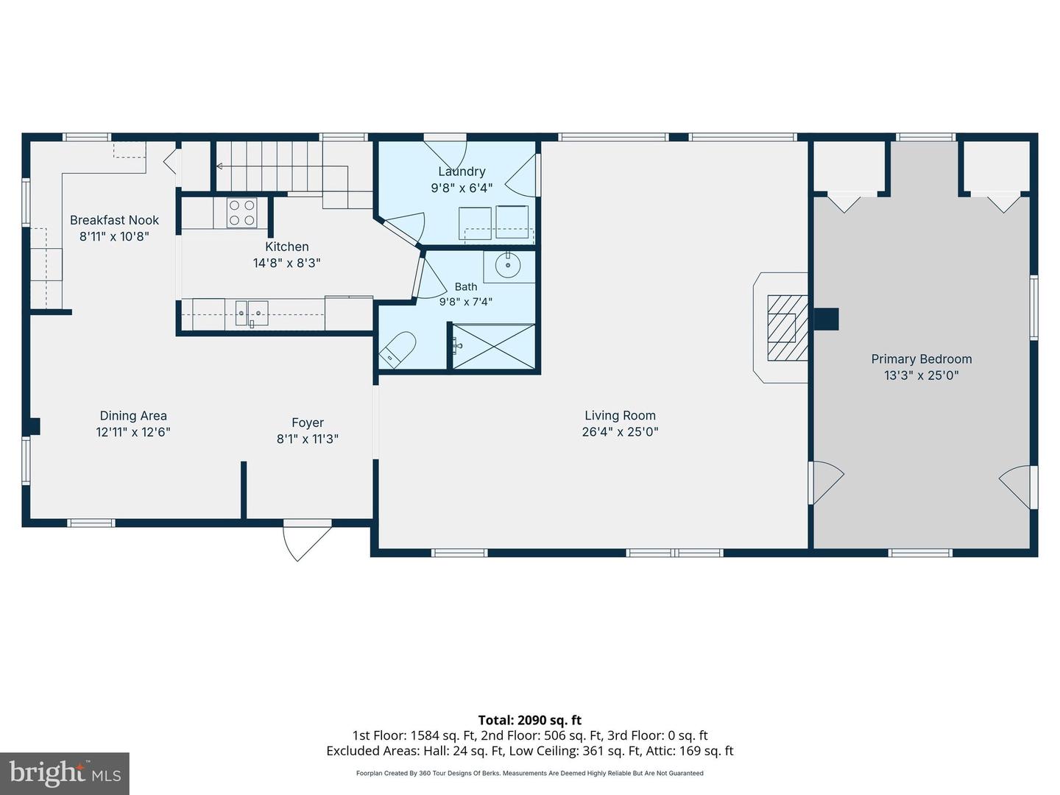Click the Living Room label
click(x=620, y=416)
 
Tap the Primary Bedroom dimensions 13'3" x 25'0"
click(x=921, y=375)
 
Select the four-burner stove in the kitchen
click(x=242, y=213)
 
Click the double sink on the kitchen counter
click(x=252, y=314)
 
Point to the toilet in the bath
click(x=397, y=350)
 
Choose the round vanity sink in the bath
click(x=507, y=266)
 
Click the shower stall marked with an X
click(x=493, y=346)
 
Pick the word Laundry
click(x=462, y=172)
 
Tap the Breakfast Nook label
click(x=114, y=220)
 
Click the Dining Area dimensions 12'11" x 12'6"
click(x=133, y=432)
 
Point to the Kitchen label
click(x=287, y=247)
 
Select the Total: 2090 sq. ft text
click(x=530, y=720)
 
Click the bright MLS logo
click(x=65, y=773)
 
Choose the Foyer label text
click(x=308, y=423)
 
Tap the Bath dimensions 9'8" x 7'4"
click(x=465, y=302)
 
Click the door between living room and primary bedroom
click(x=826, y=482)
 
